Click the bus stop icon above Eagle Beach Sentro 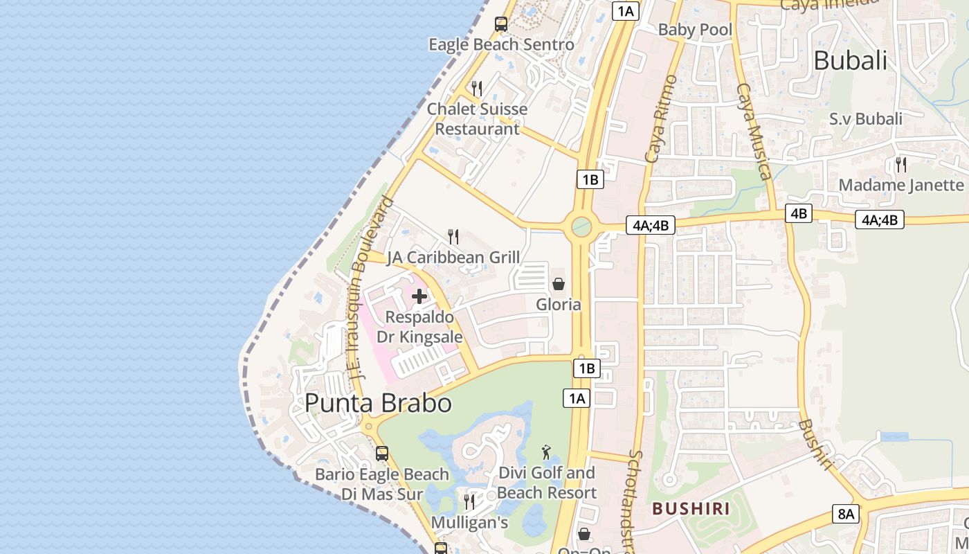click(500, 24)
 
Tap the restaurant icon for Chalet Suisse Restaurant click(476, 88)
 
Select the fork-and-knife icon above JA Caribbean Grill click(453, 237)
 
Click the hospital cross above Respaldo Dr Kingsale click(419, 296)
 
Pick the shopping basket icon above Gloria click(558, 284)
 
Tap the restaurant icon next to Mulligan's click(469, 501)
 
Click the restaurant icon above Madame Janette click(900, 165)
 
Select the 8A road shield click(846, 514)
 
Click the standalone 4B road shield click(798, 213)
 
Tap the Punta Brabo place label click(378, 403)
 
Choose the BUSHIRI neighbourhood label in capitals click(691, 509)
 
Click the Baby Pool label click(694, 29)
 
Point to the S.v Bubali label click(865, 118)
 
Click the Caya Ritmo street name click(660, 120)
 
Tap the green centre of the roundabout click(581, 226)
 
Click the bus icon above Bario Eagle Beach click(381, 454)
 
